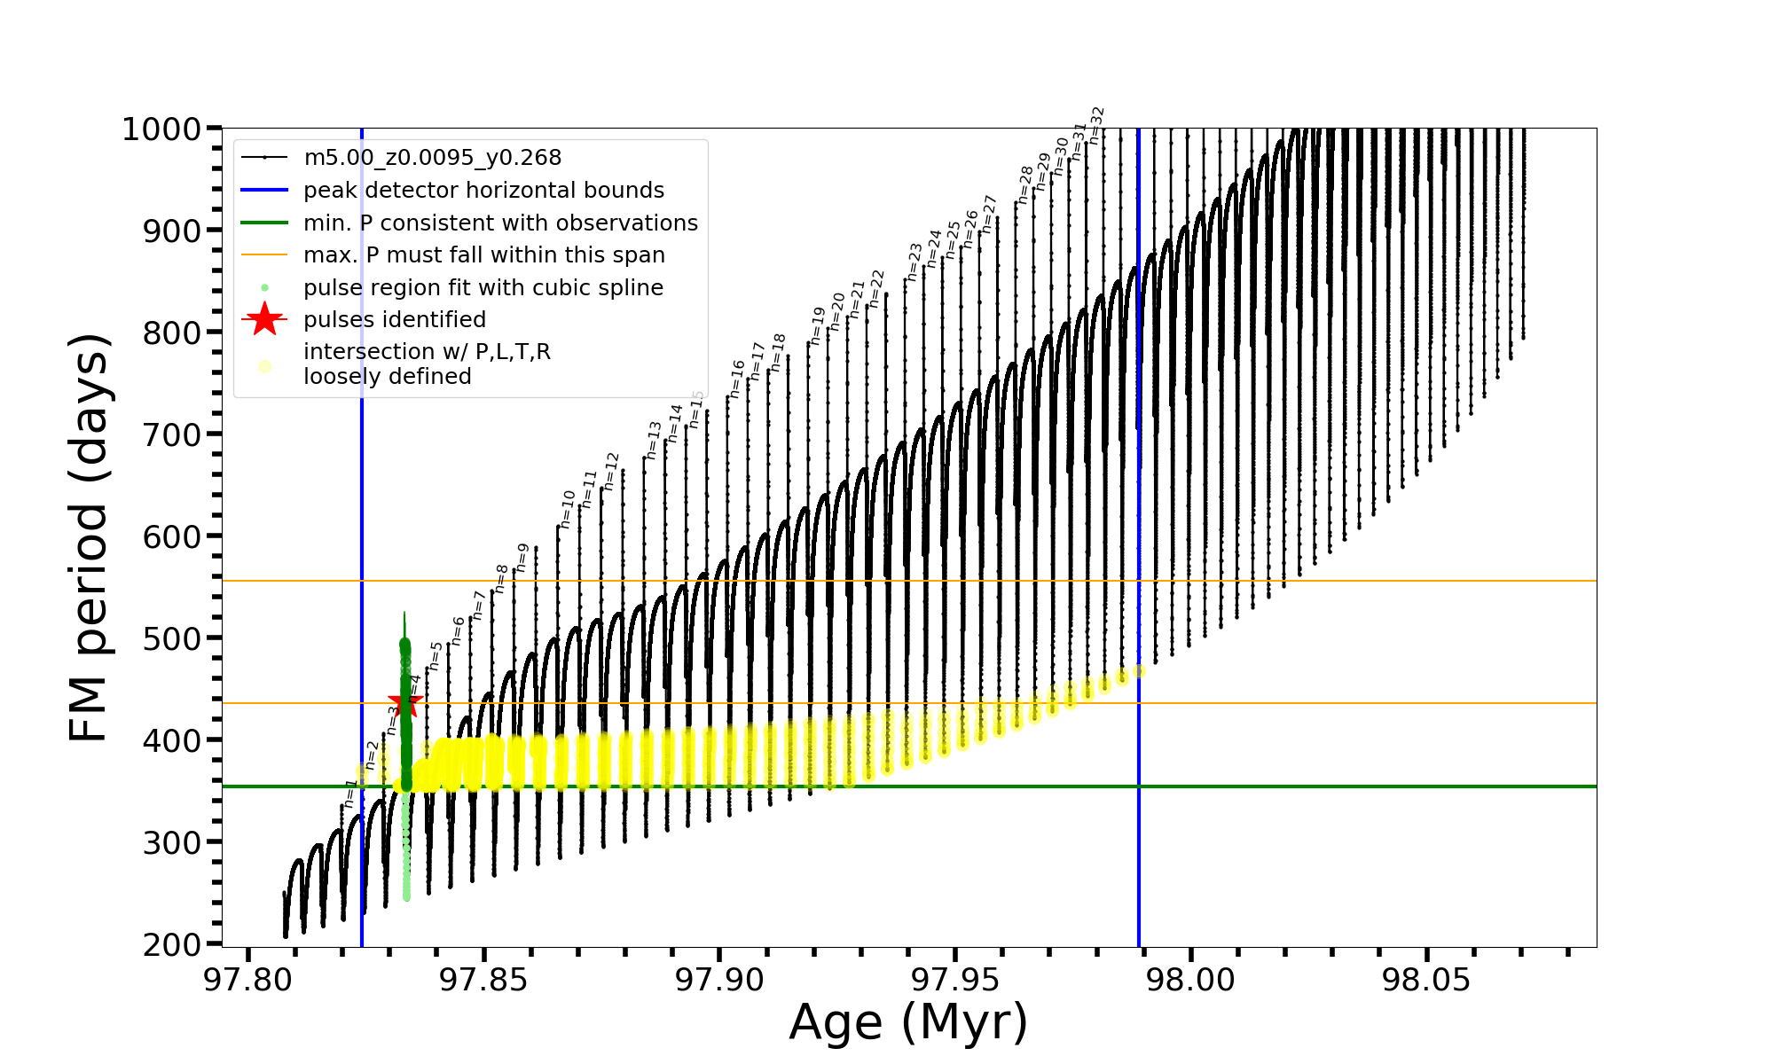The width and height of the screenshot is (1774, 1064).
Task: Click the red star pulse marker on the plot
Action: [405, 702]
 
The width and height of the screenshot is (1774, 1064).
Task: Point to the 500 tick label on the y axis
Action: [172, 638]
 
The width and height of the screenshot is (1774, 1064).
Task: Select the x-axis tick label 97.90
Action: [719, 981]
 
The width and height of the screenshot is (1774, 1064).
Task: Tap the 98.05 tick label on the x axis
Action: [1426, 981]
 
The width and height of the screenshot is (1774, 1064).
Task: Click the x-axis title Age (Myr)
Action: [908, 1022]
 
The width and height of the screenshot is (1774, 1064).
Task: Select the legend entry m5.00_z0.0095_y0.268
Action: [432, 158]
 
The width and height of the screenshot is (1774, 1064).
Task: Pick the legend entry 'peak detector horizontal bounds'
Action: [483, 191]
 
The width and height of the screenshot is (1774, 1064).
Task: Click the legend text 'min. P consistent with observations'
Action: [500, 223]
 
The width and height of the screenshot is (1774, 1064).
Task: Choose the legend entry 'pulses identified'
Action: [395, 320]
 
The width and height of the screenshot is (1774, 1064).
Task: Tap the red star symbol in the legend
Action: [264, 319]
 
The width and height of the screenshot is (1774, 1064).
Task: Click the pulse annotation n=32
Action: [1097, 125]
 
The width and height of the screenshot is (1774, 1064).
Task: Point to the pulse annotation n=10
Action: [568, 509]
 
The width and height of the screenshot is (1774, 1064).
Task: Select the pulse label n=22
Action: [877, 288]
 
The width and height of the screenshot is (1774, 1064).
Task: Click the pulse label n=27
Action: [990, 214]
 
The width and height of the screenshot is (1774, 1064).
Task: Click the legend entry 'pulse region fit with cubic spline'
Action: [483, 288]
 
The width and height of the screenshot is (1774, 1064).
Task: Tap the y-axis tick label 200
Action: [172, 944]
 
